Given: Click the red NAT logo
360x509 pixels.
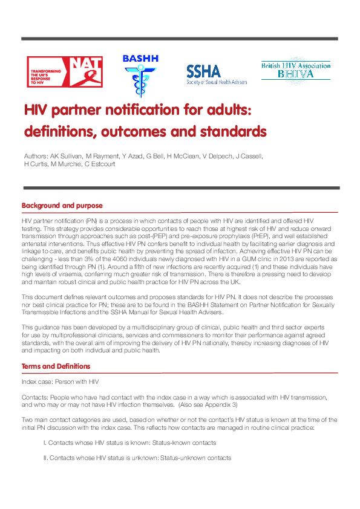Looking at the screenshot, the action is tap(64, 71).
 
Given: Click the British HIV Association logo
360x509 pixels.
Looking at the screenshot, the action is tap(295, 71).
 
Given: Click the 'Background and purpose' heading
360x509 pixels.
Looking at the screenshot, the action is tap(62, 206).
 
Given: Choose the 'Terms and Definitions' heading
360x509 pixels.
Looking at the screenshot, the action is tap(56, 366).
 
